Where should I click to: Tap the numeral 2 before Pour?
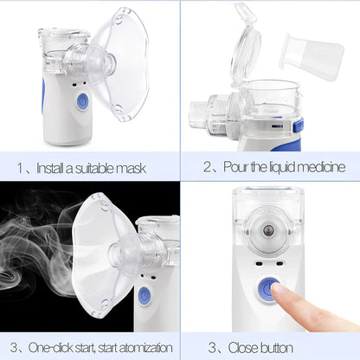pyautogui.click(x=208, y=166)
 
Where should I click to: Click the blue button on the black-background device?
pyautogui.click(x=145, y=297)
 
